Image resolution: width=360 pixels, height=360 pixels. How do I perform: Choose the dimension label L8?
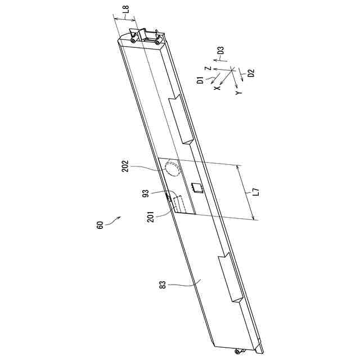[125, 10]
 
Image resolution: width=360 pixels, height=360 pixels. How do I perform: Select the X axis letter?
[217, 88]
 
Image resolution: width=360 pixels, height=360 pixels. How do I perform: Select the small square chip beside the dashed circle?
[196, 187]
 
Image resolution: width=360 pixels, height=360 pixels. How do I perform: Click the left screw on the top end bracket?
[132, 40]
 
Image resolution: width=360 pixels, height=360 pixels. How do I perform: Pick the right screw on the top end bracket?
[157, 39]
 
